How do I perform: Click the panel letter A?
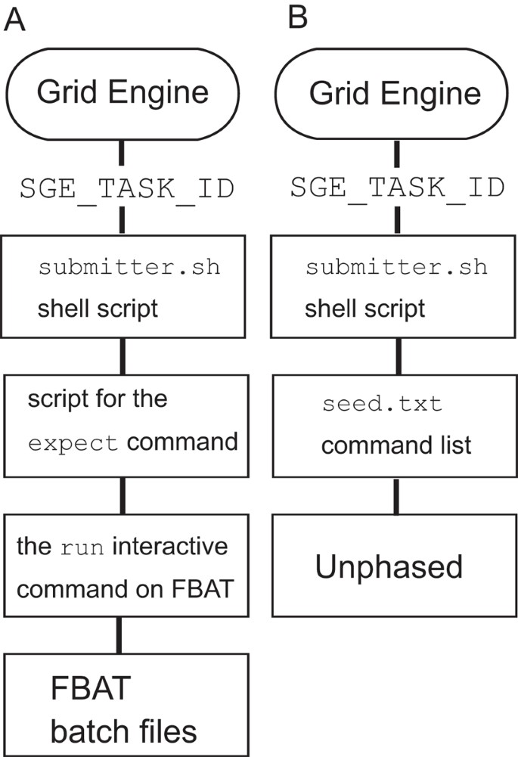pyautogui.click(x=15, y=19)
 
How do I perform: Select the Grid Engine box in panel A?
pyautogui.click(x=123, y=93)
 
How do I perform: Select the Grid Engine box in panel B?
pyautogui.click(x=395, y=93)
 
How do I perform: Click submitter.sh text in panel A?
pyautogui.click(x=129, y=268)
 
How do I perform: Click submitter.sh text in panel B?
pyautogui.click(x=395, y=268)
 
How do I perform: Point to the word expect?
pyautogui.click(x=73, y=444)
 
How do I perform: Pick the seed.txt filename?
pyautogui.click(x=381, y=404)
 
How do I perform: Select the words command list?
pyautogui.click(x=395, y=445)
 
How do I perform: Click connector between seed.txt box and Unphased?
pyautogui.click(x=395, y=496)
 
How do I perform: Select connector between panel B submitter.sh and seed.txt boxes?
pyautogui.click(x=395, y=355)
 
